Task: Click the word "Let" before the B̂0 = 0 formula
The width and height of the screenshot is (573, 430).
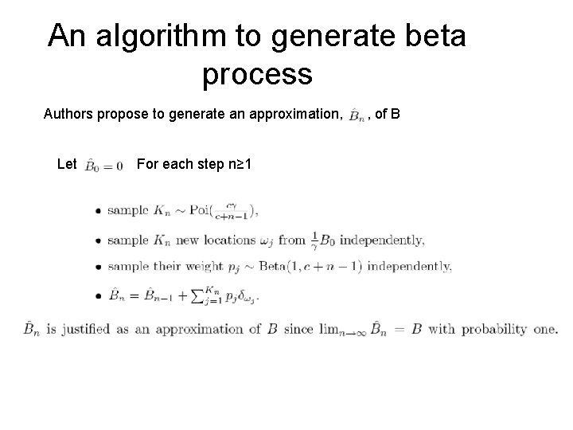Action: tap(68, 165)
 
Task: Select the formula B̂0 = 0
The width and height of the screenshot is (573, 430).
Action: tap(103, 166)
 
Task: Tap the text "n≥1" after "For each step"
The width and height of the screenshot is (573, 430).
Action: tap(237, 165)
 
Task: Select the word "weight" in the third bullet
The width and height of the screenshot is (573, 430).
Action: tap(211, 267)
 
